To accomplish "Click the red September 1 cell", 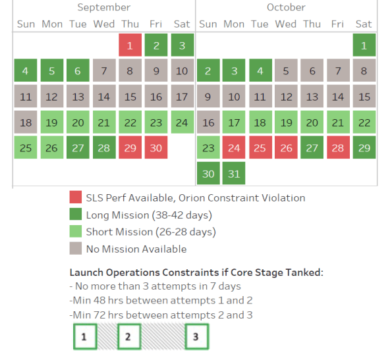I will pyautogui.click(x=130, y=45).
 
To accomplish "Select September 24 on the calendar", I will pyautogui.click(x=182, y=122).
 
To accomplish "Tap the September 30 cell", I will pyautogui.click(x=156, y=148).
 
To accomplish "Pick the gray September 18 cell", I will pyautogui.click(x=26, y=122).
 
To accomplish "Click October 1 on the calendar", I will pyautogui.click(x=364, y=45).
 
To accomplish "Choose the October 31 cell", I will pyautogui.click(x=234, y=174).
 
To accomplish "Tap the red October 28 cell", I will pyautogui.click(x=338, y=148).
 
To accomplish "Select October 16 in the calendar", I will pyautogui.click(x=208, y=122).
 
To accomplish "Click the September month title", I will pyautogui.click(x=103, y=7).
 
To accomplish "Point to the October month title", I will pyautogui.click(x=286, y=7).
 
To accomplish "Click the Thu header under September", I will pyautogui.click(x=130, y=24).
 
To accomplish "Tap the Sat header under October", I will pyautogui.click(x=364, y=24).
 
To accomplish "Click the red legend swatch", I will pyautogui.click(x=75, y=197).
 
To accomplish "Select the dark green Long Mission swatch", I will pyautogui.click(x=75, y=215).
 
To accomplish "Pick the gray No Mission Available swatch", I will pyautogui.click(x=75, y=249).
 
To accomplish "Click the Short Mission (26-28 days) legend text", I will pyautogui.click(x=150, y=232).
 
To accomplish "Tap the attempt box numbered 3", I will pyautogui.click(x=196, y=336).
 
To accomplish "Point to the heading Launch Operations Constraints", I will pyautogui.click(x=196, y=272).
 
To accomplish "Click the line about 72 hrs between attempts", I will pyautogui.click(x=161, y=315).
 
